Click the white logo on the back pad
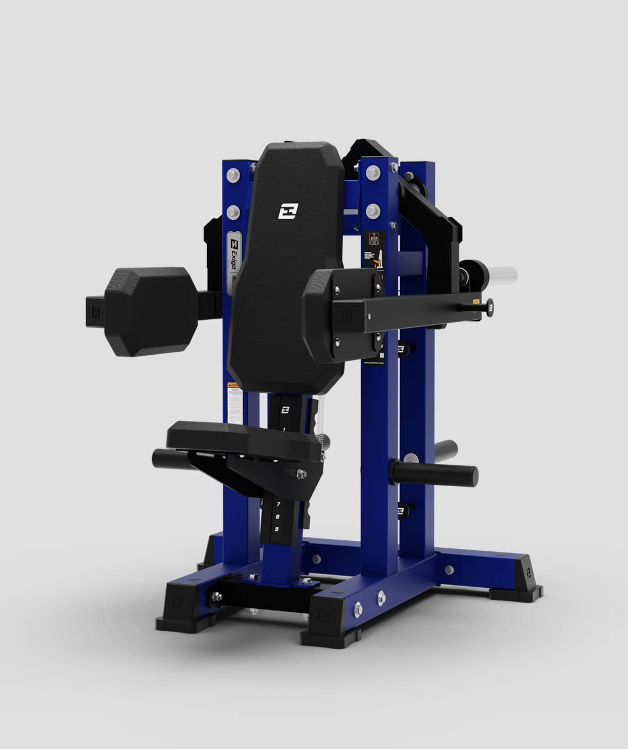point(287,211)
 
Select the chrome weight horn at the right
point(501,273)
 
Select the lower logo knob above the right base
point(401,511)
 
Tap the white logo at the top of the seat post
point(285,409)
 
